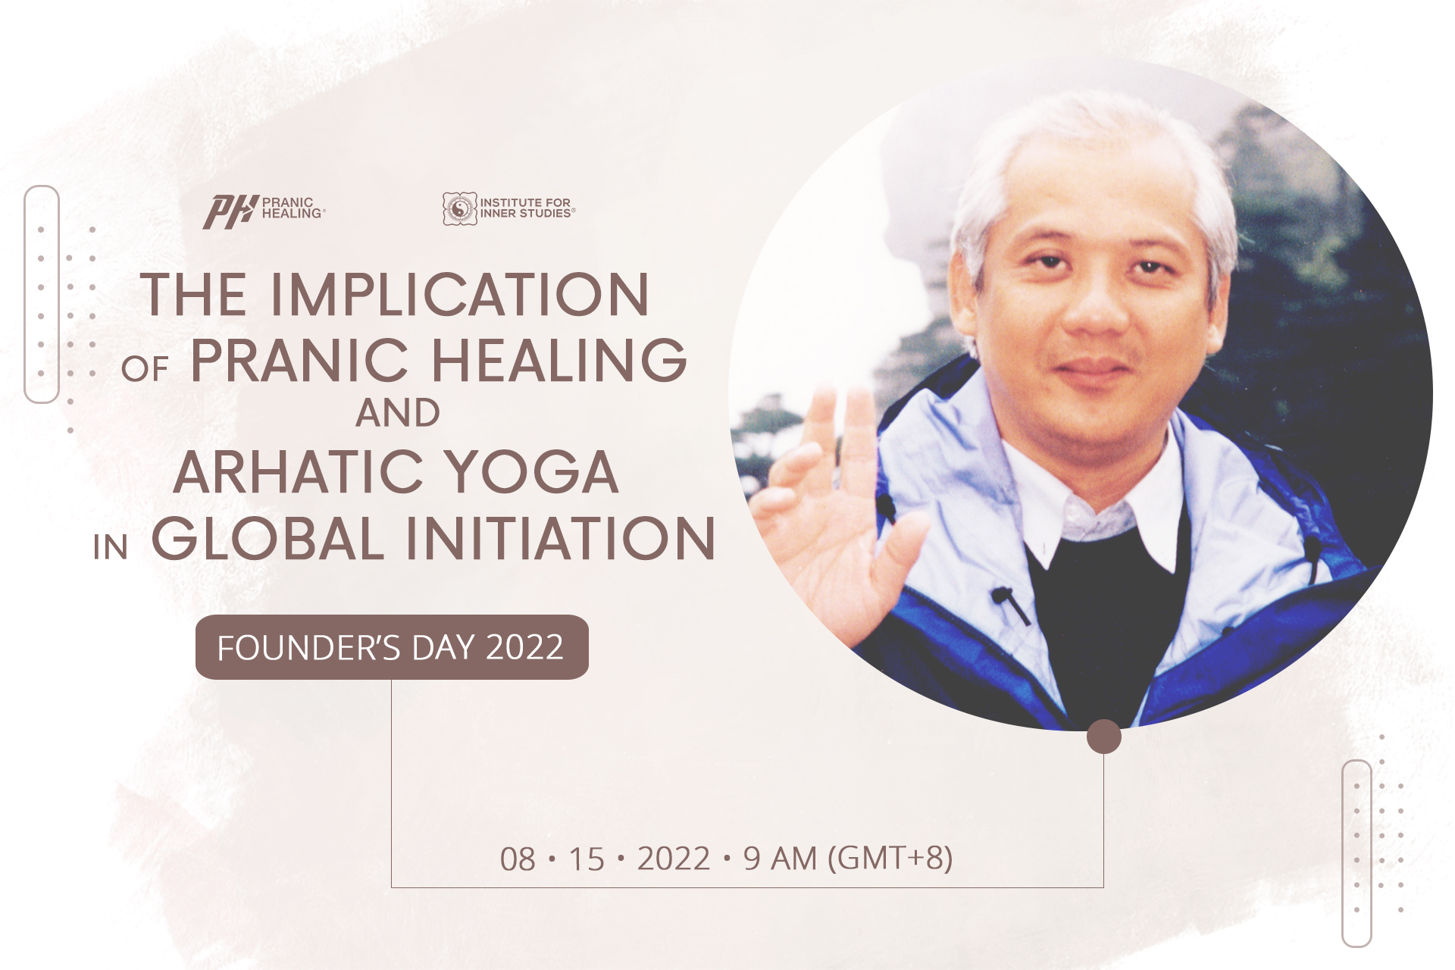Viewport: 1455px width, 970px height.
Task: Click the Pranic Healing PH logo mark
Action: click(x=230, y=211)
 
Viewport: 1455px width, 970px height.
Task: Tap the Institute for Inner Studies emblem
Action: click(x=460, y=208)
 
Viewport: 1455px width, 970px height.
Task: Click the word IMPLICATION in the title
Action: click(x=460, y=295)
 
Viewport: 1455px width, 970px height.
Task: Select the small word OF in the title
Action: click(x=144, y=369)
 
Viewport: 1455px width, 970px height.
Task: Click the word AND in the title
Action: click(x=398, y=414)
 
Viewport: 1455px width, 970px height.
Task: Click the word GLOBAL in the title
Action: click(x=268, y=539)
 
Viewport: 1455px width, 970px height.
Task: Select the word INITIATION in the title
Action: click(x=561, y=539)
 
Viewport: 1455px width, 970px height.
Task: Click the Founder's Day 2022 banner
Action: click(x=392, y=647)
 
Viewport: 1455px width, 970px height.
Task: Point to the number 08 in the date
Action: click(x=518, y=859)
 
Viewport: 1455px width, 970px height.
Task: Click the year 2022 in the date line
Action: click(x=674, y=859)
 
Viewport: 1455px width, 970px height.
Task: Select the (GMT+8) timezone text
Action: click(x=890, y=859)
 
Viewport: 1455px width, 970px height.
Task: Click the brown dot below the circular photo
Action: click(x=1103, y=737)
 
